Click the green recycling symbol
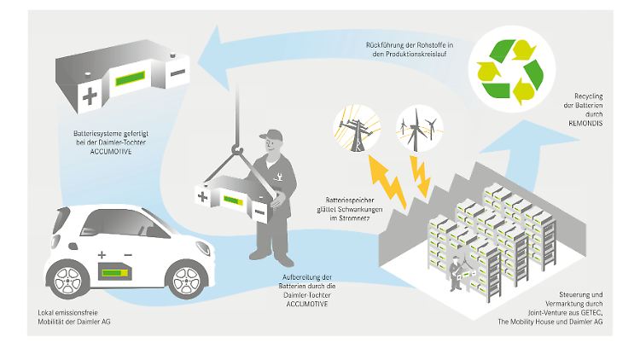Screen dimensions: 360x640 coord(511,69)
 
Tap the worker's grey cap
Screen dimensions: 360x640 coord(271,136)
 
